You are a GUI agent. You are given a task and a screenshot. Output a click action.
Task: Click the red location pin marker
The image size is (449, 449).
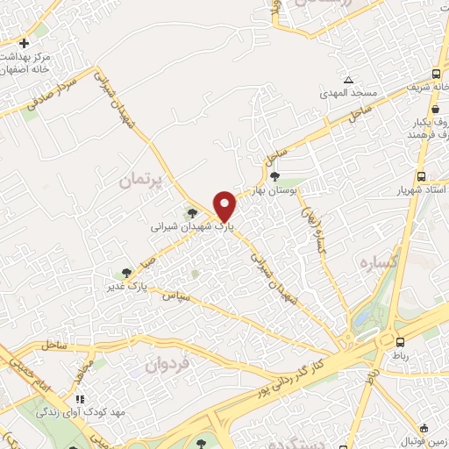(226, 205)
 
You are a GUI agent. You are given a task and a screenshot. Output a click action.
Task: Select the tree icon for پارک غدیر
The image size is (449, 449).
(127, 272)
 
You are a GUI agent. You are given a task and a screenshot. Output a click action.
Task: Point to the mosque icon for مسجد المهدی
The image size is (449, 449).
(349, 80)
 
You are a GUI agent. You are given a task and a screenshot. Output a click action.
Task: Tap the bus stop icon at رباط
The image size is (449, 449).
(400, 342)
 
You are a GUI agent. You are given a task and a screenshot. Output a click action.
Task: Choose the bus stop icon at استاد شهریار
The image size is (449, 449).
(423, 175)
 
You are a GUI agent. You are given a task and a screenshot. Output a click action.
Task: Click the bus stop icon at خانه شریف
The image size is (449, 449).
(436, 75)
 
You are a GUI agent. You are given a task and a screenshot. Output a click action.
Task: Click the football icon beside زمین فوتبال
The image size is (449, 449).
(425, 429)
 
